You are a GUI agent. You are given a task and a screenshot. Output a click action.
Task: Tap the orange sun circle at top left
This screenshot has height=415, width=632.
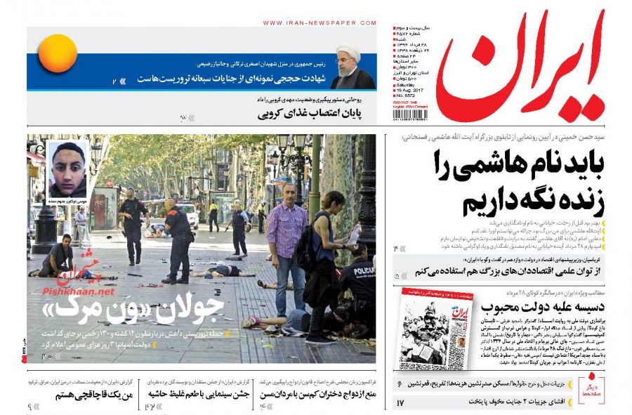point(57,54)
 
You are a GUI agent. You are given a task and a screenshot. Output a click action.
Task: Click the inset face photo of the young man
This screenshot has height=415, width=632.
point(69,171)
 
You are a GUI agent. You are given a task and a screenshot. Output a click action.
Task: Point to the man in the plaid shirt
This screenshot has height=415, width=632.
point(286,239)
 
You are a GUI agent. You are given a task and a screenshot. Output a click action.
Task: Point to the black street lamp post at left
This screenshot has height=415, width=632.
point(44,218)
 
